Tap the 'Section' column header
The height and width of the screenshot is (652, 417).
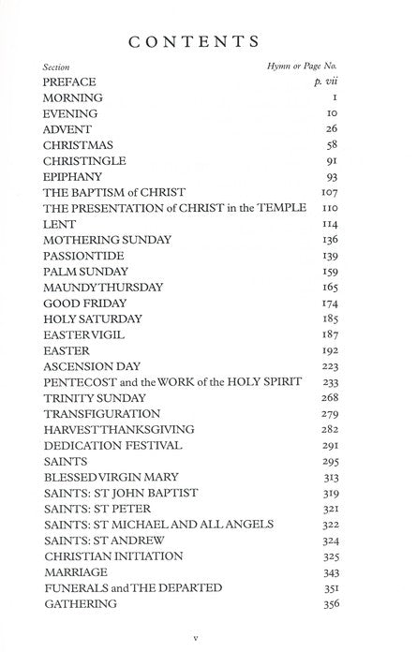(56, 69)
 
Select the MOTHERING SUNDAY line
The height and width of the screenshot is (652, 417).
(107, 239)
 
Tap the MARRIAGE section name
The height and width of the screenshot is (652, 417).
(75, 571)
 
